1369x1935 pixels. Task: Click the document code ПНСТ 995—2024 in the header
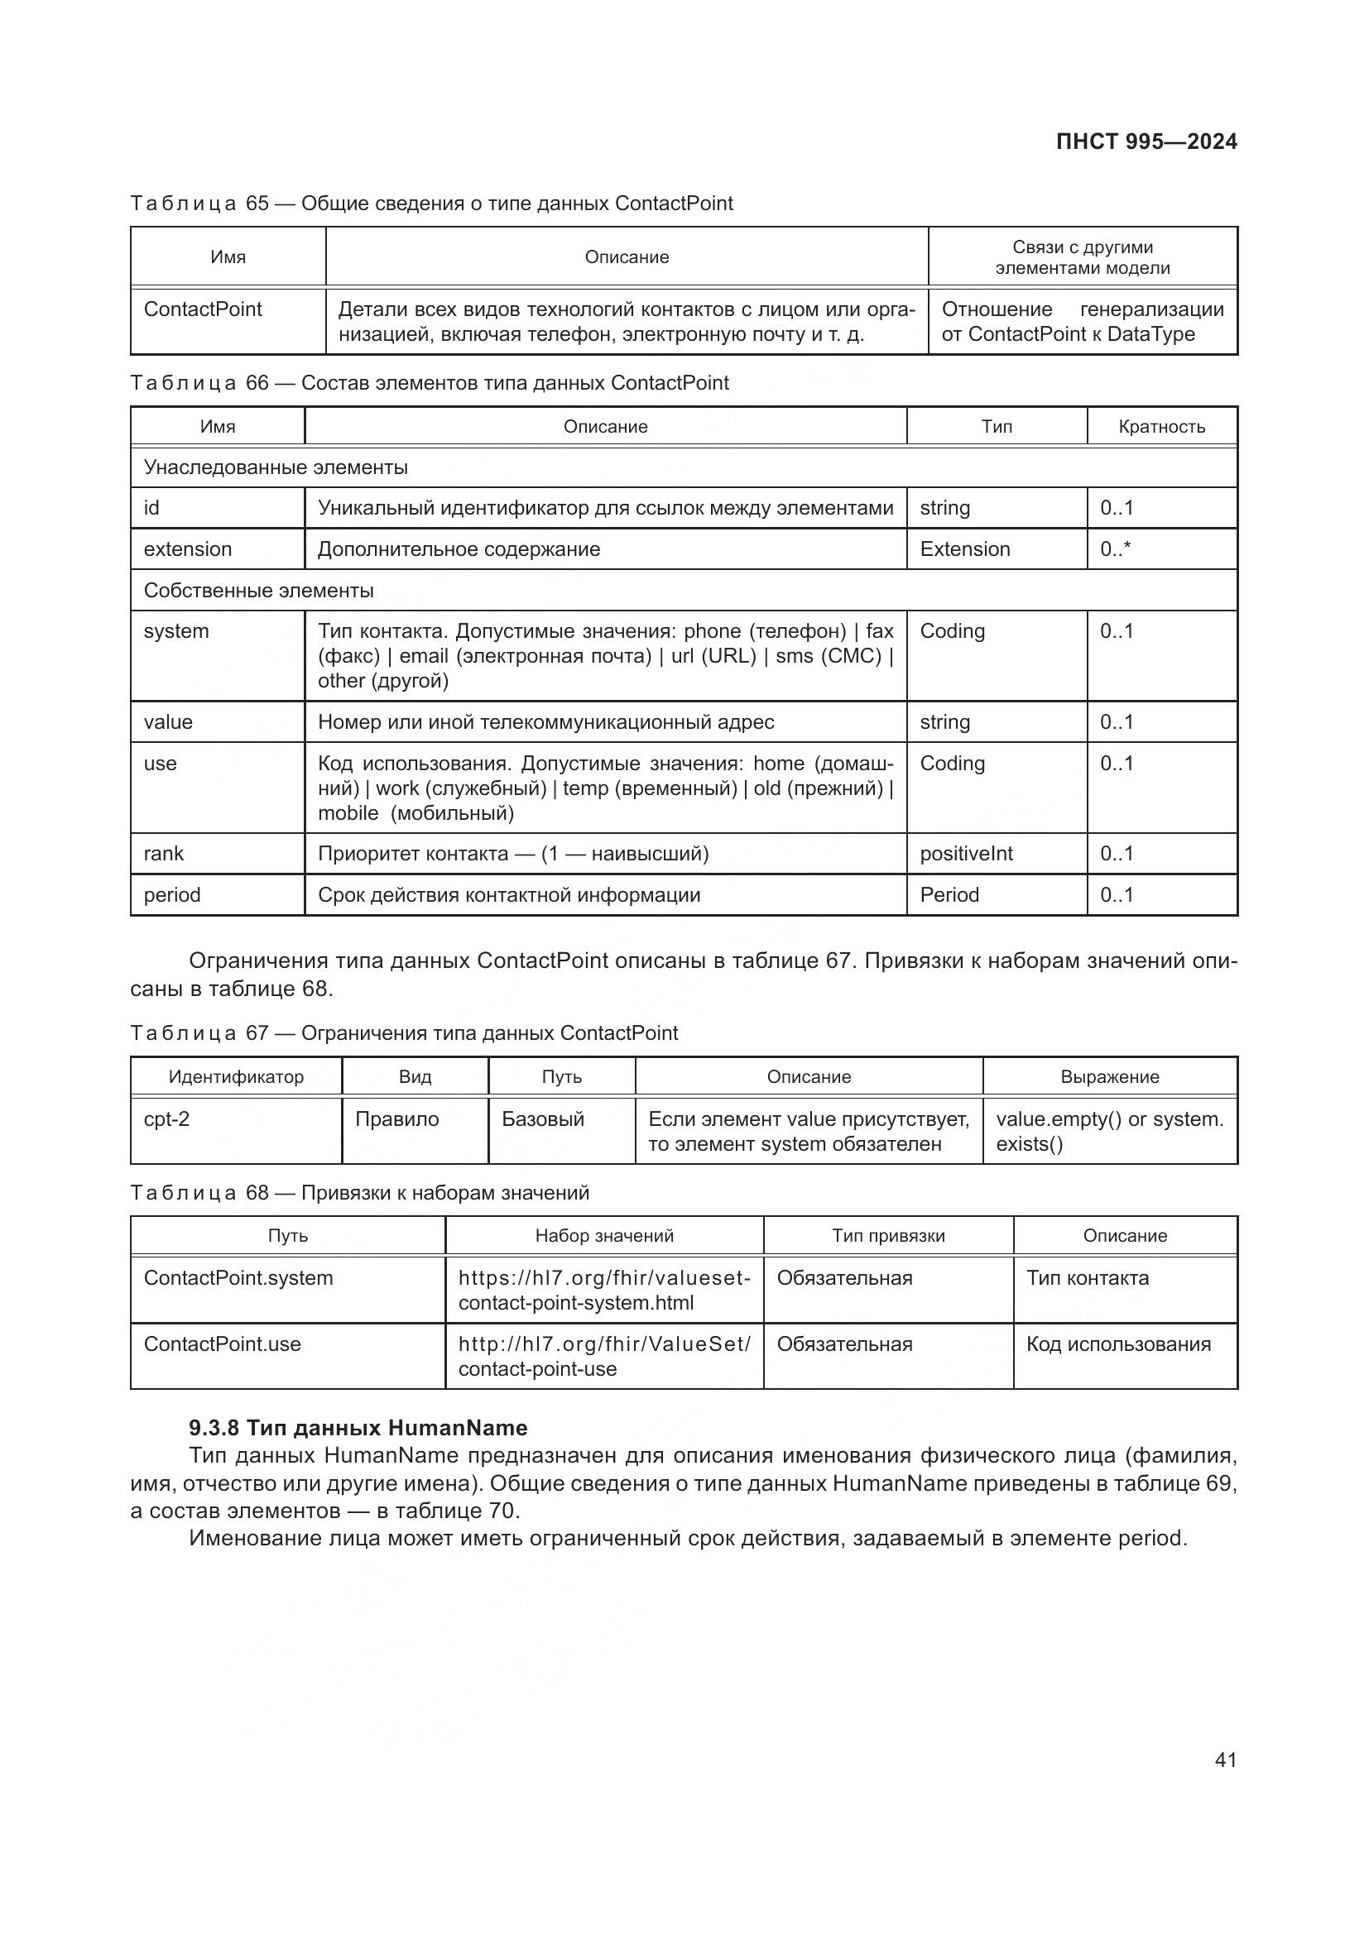click(x=1146, y=141)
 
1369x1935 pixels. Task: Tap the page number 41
click(x=1225, y=1760)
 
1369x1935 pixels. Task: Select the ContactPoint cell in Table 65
click(x=203, y=309)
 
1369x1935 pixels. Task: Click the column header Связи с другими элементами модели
click(x=1083, y=257)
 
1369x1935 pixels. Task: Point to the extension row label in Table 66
click(x=187, y=549)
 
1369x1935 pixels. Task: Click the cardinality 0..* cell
click(x=1114, y=549)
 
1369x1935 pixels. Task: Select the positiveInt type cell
click(x=966, y=854)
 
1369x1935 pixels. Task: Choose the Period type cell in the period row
click(x=949, y=895)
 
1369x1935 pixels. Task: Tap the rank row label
click(x=164, y=854)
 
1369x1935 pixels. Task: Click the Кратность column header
click(x=1160, y=426)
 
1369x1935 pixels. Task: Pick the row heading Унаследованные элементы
click(x=276, y=467)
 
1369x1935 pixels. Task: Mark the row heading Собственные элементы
click(x=259, y=591)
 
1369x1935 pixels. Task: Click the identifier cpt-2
click(x=167, y=1119)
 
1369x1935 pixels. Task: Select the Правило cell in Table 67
click(x=397, y=1119)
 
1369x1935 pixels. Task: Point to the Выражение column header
click(x=1109, y=1077)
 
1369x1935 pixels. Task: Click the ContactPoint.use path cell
click(x=223, y=1344)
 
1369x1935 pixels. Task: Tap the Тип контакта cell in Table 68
click(x=1088, y=1278)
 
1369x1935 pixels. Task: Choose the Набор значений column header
click(x=604, y=1236)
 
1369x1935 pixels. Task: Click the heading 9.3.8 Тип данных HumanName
click(x=358, y=1429)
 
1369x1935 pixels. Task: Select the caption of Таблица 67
click(x=404, y=1033)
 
